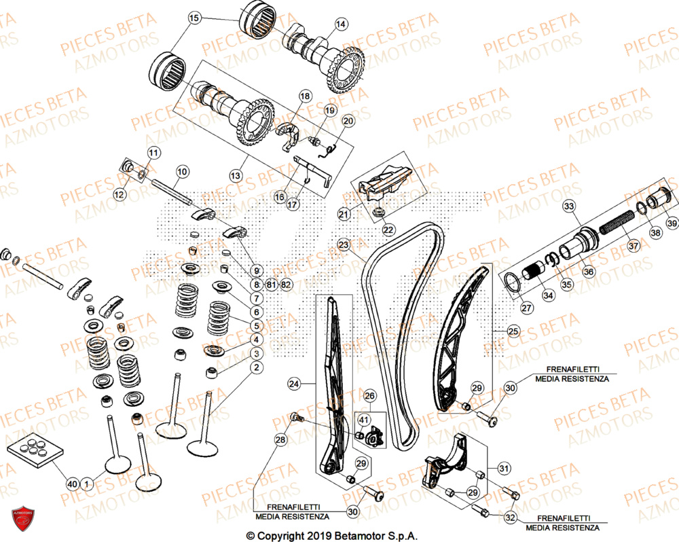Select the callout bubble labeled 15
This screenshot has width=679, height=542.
(194, 18)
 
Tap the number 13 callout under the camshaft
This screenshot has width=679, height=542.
(235, 175)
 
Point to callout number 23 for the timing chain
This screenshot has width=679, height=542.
(344, 245)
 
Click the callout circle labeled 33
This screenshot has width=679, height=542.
(568, 206)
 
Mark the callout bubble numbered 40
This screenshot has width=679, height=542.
(71, 484)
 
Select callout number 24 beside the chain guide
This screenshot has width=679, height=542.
(293, 384)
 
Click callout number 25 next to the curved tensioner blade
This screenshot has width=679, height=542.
(513, 331)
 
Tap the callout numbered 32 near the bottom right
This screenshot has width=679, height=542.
(510, 518)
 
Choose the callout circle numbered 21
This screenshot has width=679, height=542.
(344, 215)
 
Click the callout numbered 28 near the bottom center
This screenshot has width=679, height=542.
(280, 441)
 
